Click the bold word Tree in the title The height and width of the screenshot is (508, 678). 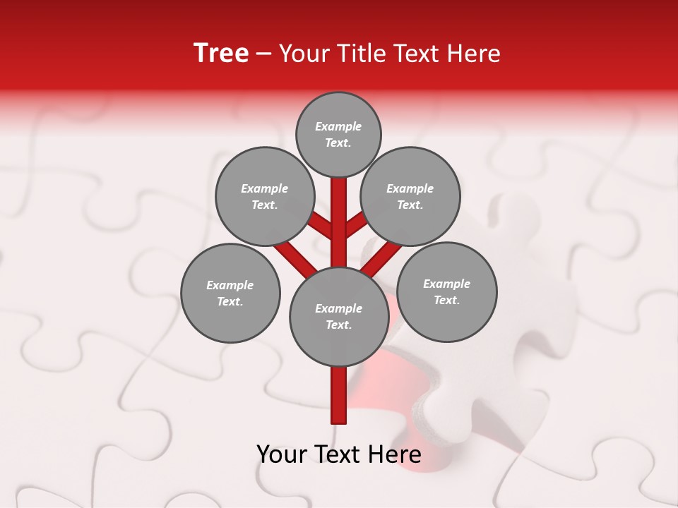pos(221,54)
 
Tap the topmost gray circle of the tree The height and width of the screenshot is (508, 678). pos(338,134)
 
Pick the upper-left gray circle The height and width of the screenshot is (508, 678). pos(264,197)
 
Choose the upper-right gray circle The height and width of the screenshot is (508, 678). pos(410,197)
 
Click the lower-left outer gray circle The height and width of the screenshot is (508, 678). pos(230,294)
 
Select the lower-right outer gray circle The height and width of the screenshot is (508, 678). pos(447,292)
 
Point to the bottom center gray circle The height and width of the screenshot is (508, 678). pos(339,317)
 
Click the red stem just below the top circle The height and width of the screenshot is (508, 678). pos(339,205)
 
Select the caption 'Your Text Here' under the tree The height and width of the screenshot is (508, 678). pos(339,454)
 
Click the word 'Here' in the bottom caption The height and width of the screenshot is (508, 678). pos(396,454)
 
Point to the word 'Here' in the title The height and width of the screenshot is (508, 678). pos(475,54)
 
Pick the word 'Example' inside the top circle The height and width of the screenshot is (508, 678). pos(338,126)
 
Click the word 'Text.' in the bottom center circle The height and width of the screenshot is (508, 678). pos(338,325)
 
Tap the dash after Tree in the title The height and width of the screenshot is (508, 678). pos(263,54)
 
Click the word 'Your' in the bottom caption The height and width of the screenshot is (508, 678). pos(281,454)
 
